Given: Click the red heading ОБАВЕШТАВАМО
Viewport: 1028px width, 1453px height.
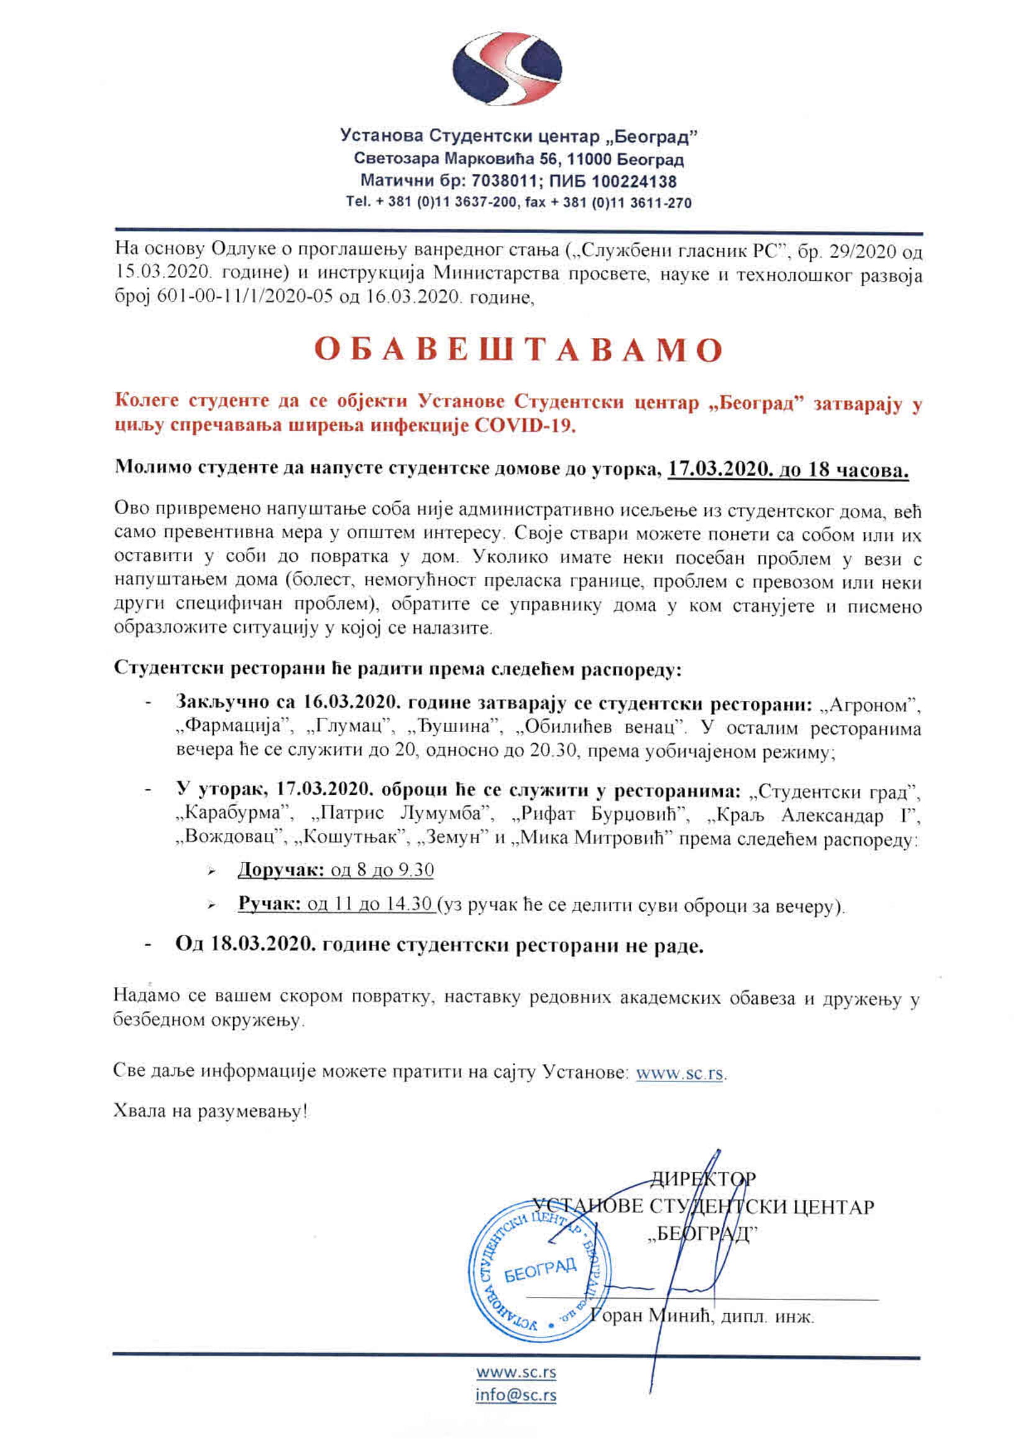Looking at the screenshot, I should tap(518, 350).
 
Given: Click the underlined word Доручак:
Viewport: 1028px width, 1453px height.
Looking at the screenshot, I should tap(280, 870).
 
